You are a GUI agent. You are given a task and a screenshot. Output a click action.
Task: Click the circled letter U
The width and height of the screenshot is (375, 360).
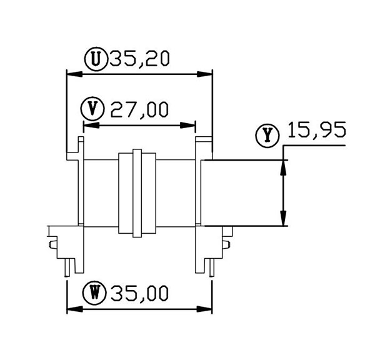pos(96,59)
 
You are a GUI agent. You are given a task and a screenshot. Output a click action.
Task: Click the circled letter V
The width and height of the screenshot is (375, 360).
pos(92,109)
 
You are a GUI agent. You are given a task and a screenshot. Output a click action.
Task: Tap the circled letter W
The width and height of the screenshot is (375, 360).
pos(94,293)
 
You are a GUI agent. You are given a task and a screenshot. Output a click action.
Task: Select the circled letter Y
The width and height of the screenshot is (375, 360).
pos(267,135)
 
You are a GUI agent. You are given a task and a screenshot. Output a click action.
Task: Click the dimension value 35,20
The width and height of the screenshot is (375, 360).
pos(139,59)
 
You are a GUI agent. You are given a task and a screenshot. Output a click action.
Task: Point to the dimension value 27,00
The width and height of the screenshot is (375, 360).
pos(139,109)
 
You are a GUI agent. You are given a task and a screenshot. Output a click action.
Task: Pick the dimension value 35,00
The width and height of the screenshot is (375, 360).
pos(139,293)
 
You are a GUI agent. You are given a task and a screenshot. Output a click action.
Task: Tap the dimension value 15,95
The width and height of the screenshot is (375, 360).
pos(317,130)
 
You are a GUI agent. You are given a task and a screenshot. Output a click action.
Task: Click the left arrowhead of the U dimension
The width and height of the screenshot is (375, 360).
pos(74,74)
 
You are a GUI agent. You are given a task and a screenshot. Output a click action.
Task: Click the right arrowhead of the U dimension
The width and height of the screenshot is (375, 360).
pos(204,74)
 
